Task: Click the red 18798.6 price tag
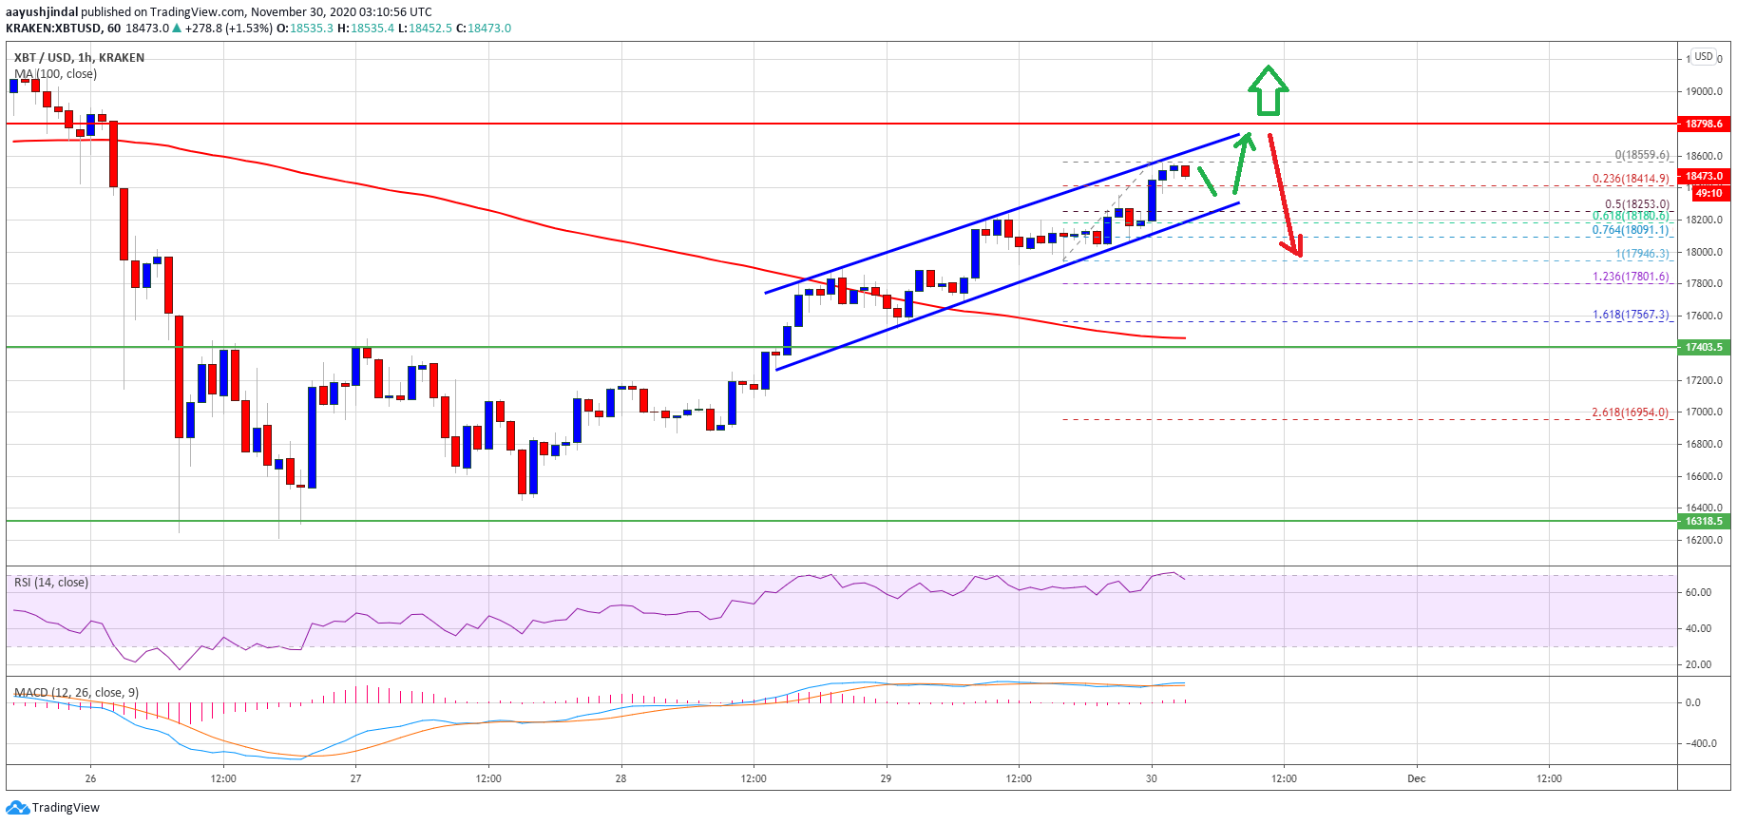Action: (x=1704, y=124)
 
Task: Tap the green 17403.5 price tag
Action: (x=1704, y=347)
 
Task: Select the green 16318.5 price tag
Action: (x=1704, y=521)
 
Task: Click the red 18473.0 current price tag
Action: (x=1704, y=176)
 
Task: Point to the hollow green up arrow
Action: (x=1268, y=90)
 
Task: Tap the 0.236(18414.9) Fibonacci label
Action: (x=1631, y=179)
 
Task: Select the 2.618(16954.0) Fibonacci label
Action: (x=1631, y=412)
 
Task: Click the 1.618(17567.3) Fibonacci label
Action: (x=1631, y=315)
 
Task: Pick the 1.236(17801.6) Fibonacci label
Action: (x=1631, y=277)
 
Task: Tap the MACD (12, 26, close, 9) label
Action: (x=76, y=692)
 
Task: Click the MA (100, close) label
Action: (x=55, y=74)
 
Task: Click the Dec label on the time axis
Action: (x=1416, y=778)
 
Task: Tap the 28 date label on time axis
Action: (x=620, y=778)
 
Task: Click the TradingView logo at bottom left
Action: (x=53, y=808)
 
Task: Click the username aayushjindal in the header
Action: (x=42, y=12)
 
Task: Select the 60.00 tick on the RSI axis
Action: (x=1698, y=592)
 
